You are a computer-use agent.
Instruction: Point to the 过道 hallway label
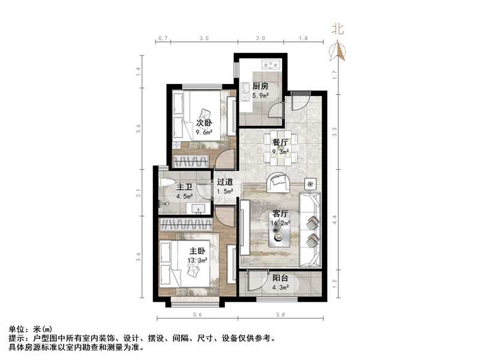point(225,182)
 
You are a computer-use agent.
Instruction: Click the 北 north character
point(338,29)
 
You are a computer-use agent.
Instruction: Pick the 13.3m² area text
point(199,261)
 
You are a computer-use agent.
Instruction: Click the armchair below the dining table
point(278,181)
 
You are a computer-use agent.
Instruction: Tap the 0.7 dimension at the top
point(162,38)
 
